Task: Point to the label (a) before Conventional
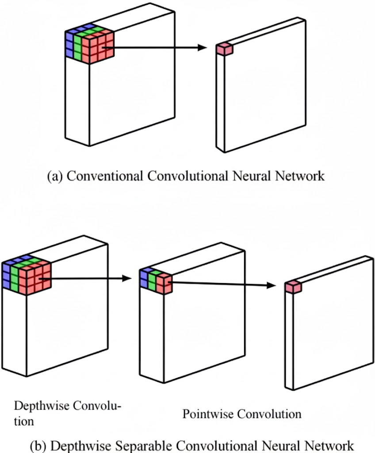(55, 176)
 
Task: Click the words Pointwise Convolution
(242, 414)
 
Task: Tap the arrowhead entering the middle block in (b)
(128, 278)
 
